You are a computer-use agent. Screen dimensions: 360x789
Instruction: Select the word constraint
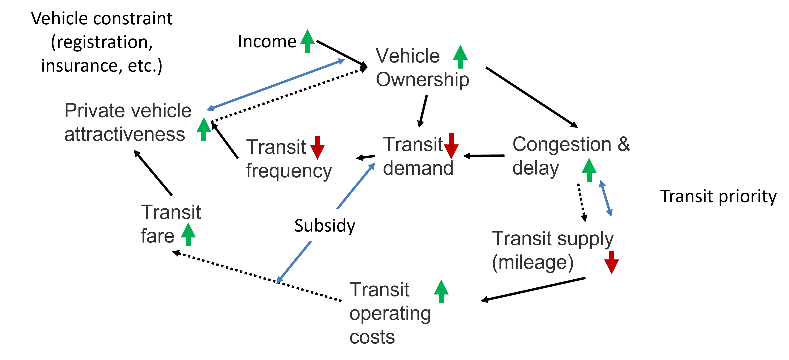133,18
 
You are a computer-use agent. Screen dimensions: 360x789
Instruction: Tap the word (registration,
102,42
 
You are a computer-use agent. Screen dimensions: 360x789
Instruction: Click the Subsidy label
325,226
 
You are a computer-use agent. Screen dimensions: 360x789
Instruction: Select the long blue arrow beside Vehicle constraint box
276,84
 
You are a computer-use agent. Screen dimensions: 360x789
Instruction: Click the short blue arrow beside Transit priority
606,198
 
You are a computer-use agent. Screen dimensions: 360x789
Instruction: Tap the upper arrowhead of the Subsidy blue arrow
372,165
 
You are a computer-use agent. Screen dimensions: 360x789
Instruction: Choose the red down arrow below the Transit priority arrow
611,262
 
